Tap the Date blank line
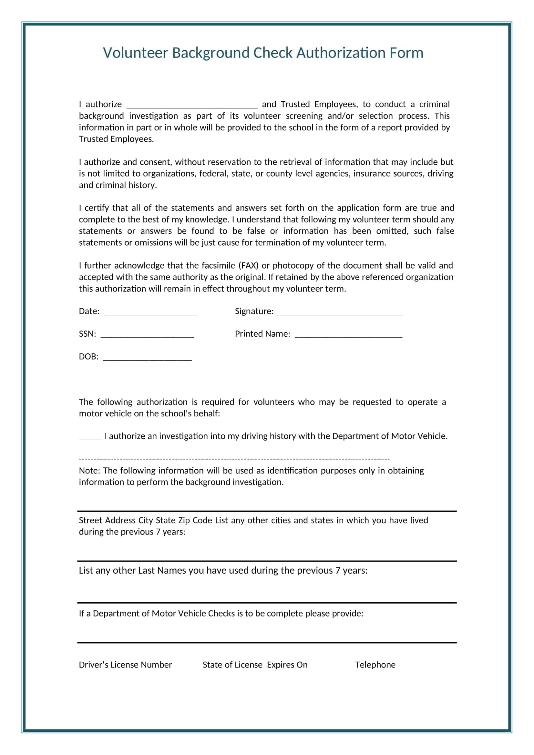click(150, 313)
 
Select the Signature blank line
click(339, 313)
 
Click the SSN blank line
click(147, 335)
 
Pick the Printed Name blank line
click(348, 335)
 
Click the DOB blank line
click(147, 358)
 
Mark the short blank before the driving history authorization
click(90, 438)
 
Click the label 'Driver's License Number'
click(125, 665)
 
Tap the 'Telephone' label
click(375, 665)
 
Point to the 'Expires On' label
click(287, 665)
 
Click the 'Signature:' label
click(254, 311)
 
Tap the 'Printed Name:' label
click(262, 334)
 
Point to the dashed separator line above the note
click(234, 458)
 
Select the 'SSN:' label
click(87, 334)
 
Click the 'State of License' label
click(232, 665)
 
